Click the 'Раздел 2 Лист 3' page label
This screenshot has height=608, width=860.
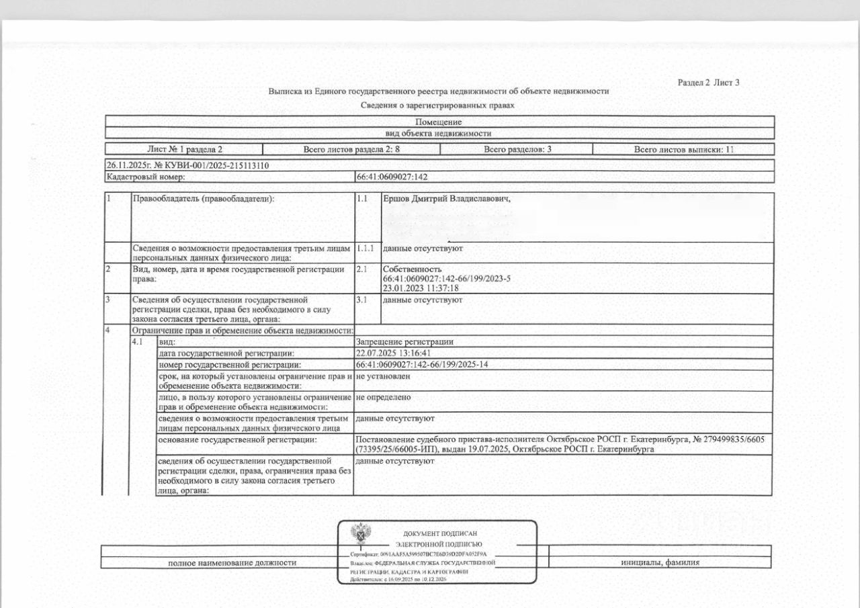coord(708,83)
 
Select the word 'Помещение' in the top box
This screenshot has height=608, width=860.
coord(438,122)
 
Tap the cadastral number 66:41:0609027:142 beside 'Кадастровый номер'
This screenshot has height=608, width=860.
coord(392,177)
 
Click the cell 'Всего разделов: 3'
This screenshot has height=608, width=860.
coord(517,149)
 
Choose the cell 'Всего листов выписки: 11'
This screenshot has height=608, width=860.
coord(683,149)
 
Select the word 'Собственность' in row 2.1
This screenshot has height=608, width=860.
coord(412,269)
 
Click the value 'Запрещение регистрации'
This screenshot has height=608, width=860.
coord(404,342)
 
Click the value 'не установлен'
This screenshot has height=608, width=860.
coord(383,376)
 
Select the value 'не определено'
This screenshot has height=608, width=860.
coord(383,397)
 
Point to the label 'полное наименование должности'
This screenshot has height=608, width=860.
coord(232,562)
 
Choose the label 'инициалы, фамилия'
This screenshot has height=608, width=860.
coord(660,562)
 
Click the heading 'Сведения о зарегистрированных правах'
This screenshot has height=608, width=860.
coord(437,105)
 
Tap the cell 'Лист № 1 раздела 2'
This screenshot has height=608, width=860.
coord(184,149)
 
